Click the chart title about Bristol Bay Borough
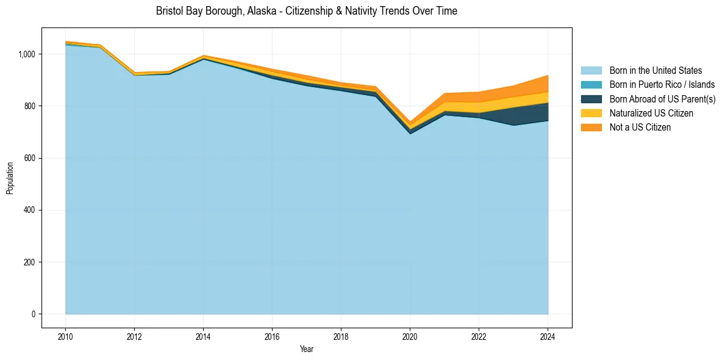tap(306, 11)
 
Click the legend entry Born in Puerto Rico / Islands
tap(662, 85)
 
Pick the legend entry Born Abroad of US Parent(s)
tap(662, 99)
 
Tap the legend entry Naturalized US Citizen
tap(651, 113)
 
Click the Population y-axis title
tap(10, 178)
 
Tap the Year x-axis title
tap(307, 349)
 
